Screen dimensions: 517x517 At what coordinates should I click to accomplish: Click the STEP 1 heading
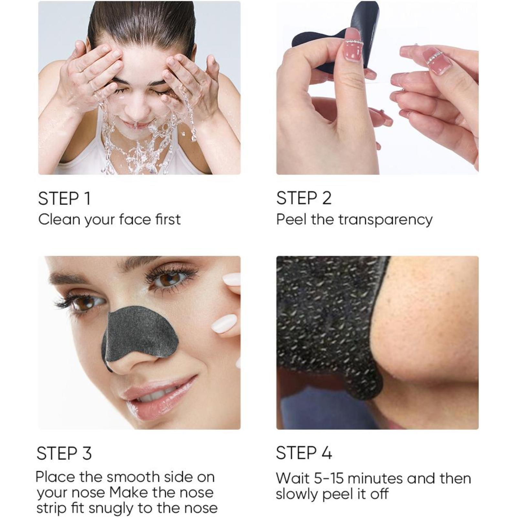[64, 198]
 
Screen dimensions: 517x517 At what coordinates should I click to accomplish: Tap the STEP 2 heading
[304, 198]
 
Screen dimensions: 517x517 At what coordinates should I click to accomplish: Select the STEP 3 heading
[64, 453]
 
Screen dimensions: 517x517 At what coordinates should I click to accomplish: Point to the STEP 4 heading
[304, 453]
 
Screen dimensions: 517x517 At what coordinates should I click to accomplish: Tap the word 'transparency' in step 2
[385, 220]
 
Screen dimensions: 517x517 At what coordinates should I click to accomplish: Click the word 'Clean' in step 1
[59, 219]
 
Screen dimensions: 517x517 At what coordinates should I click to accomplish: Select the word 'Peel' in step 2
[291, 219]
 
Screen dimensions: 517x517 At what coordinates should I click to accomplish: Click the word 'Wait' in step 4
[293, 478]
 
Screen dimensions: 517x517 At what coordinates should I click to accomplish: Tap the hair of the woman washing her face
[142, 26]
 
